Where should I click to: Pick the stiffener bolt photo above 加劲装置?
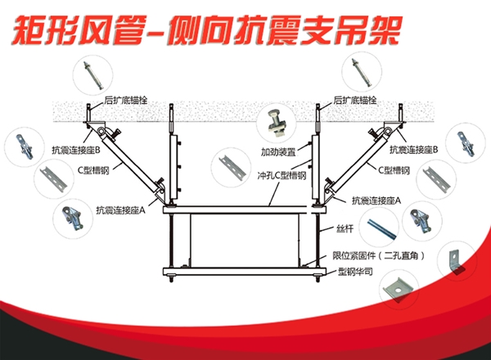click(275, 125)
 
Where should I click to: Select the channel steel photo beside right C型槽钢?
click(438, 179)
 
